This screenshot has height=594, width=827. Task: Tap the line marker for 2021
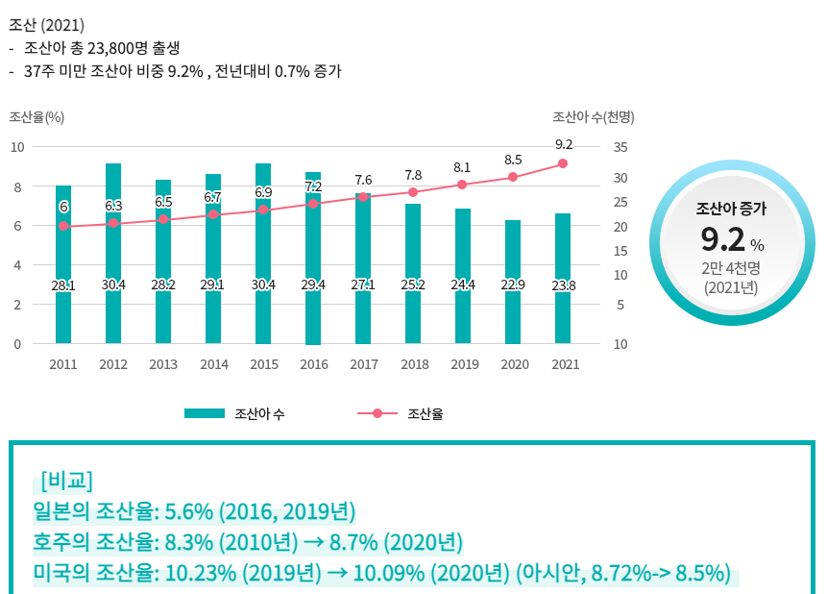pos(563,163)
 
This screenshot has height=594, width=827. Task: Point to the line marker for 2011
pos(63,226)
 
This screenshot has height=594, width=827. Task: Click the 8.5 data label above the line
pos(513,160)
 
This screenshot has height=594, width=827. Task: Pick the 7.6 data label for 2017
pos(363,180)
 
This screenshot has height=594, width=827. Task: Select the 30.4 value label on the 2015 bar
pos(263,285)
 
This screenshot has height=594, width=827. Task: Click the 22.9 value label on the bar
pos(513,285)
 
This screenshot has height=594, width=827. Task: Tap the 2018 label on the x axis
pos(413,365)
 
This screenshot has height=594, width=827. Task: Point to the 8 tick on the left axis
pos(15,186)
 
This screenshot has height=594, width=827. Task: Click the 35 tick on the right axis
pos(619,147)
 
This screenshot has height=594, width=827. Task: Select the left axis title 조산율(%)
pos(36,117)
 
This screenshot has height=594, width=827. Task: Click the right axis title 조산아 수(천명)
pos(594,117)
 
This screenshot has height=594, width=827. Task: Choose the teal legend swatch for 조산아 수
pos(204,413)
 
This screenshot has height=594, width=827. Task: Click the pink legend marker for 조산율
pos(377,413)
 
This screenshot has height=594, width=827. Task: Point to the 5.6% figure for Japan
pos(189,510)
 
